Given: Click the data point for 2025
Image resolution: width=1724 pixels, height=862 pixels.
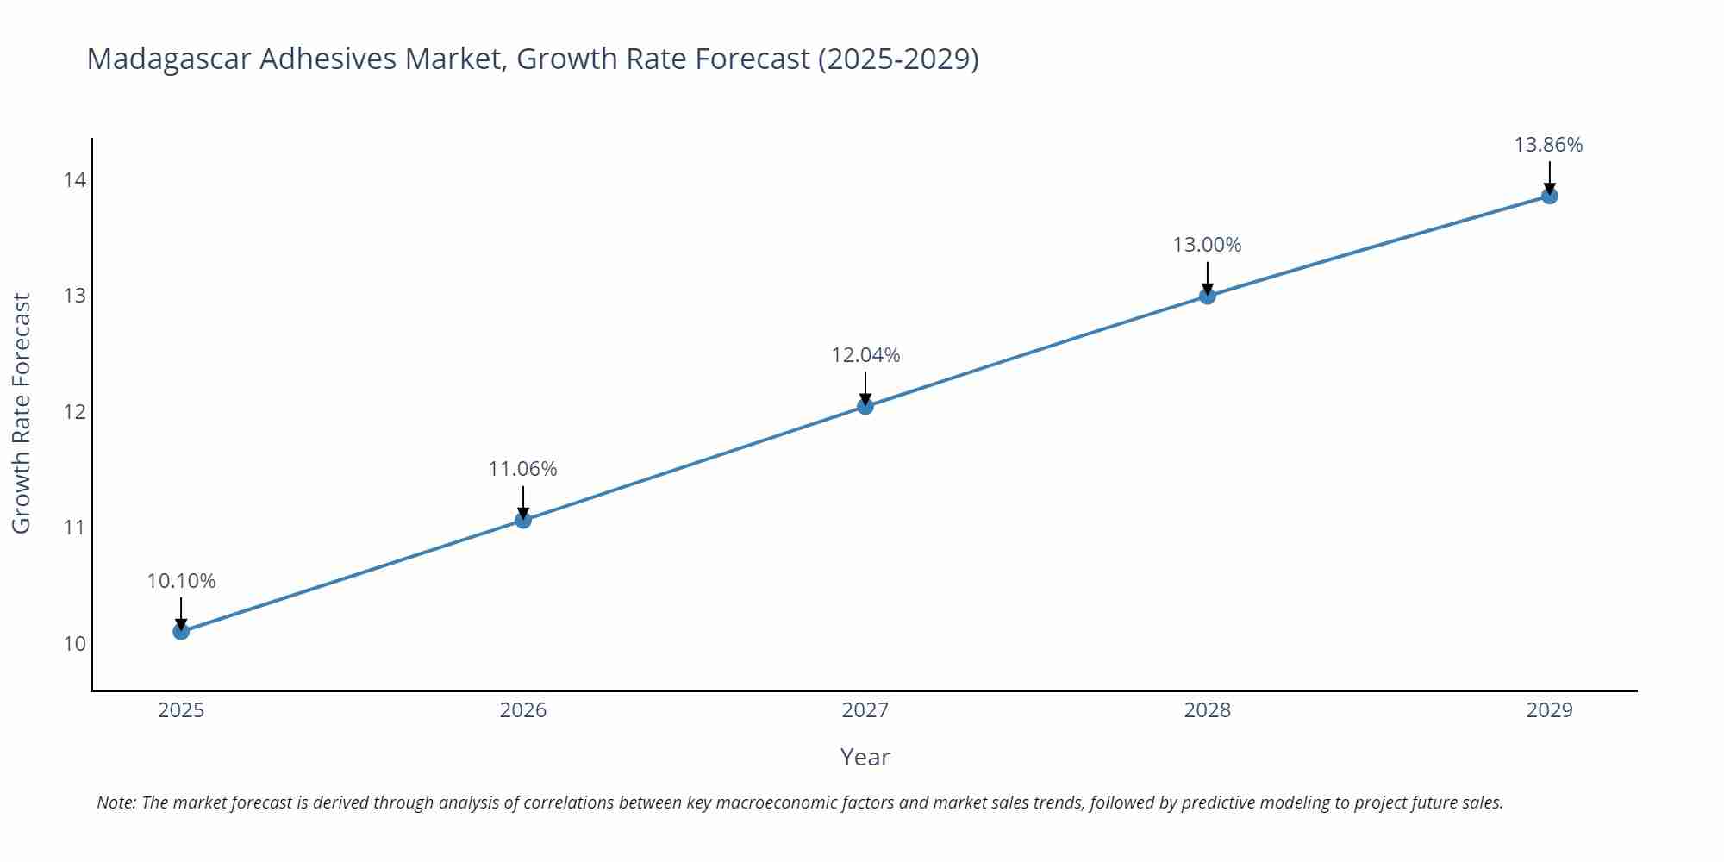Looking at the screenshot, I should pyautogui.click(x=181, y=632).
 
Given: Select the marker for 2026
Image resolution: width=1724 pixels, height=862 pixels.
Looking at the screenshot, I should pyautogui.click(x=523, y=520).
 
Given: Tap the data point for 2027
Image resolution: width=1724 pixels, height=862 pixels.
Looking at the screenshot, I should pyautogui.click(x=865, y=406).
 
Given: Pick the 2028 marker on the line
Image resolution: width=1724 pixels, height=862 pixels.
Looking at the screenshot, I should pyautogui.click(x=1208, y=296).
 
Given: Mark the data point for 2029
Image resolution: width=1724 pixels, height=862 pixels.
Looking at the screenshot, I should pyautogui.click(x=1549, y=196).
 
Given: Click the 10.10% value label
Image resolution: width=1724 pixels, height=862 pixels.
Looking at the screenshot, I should pyautogui.click(x=181, y=581).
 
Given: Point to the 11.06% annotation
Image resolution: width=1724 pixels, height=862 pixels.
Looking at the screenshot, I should pyautogui.click(x=523, y=469).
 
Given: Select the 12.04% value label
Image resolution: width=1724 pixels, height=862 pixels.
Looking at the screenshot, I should pyautogui.click(x=865, y=355).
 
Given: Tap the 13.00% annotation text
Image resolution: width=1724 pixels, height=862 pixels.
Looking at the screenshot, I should pyautogui.click(x=1207, y=245).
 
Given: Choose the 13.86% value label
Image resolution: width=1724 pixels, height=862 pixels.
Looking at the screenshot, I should pyautogui.click(x=1548, y=145).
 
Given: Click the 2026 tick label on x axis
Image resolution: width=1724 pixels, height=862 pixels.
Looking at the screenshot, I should pyautogui.click(x=523, y=710).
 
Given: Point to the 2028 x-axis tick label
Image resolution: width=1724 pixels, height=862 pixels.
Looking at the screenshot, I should pyautogui.click(x=1208, y=710).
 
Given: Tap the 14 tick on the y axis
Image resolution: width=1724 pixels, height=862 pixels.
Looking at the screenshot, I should pyautogui.click(x=74, y=180).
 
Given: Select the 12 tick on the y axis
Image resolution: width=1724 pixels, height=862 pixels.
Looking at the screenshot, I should pyautogui.click(x=74, y=411).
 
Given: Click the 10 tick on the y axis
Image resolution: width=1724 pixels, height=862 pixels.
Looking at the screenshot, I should pyautogui.click(x=74, y=643).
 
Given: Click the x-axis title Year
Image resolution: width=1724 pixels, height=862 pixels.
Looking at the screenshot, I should pyautogui.click(x=865, y=757).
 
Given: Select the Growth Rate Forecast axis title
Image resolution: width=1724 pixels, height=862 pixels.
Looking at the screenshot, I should pyautogui.click(x=21, y=413).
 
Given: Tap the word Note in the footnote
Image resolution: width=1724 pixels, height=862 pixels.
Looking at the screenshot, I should pyautogui.click(x=116, y=803).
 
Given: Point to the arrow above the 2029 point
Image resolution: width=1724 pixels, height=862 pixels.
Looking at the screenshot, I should pyautogui.click(x=1549, y=177).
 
